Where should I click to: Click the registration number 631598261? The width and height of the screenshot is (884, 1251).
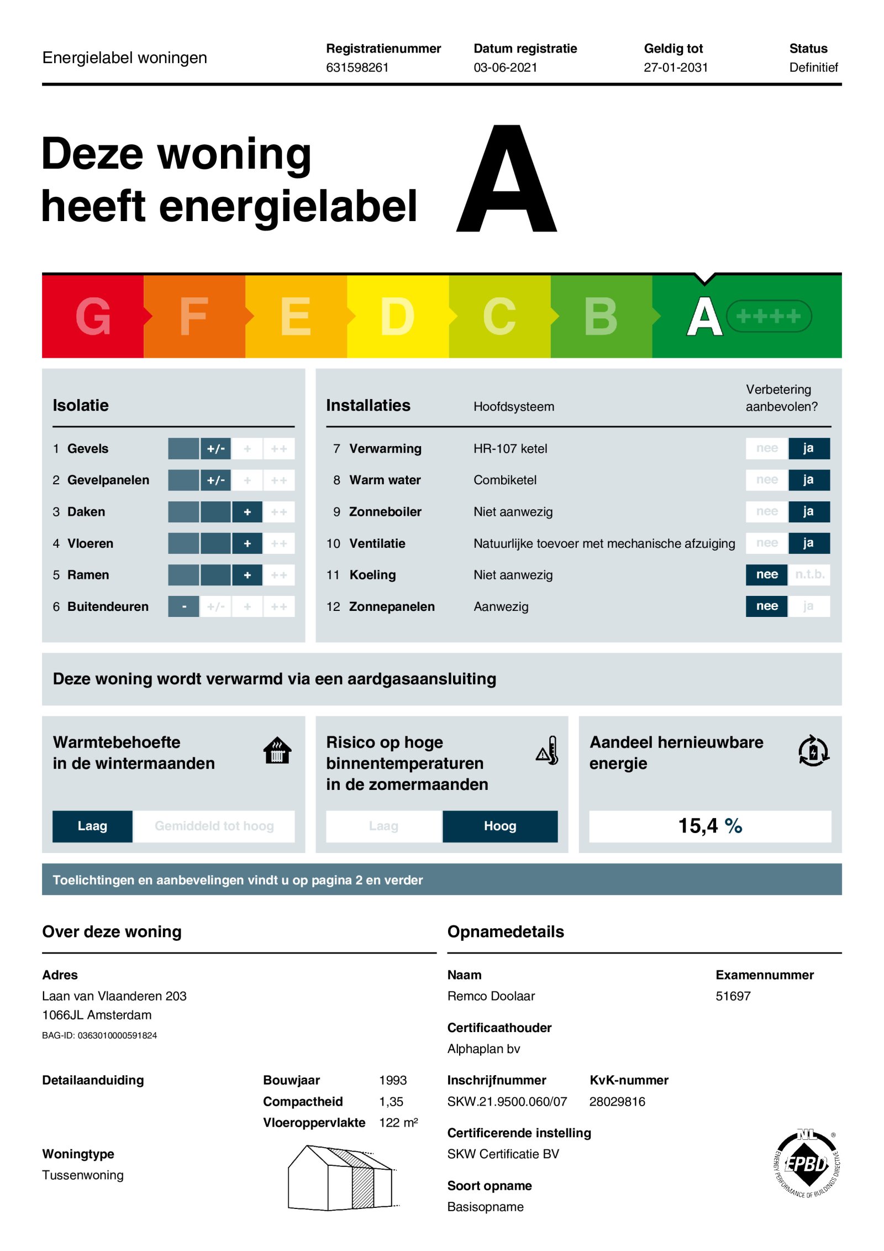coord(357,67)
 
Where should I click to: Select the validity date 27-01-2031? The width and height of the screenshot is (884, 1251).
coord(675,67)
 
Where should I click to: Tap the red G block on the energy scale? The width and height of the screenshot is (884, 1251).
coord(93,316)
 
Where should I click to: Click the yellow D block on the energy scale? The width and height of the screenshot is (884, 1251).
coord(397,316)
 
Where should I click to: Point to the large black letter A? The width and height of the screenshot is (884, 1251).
coord(506,180)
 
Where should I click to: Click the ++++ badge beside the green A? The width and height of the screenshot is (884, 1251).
coord(768,316)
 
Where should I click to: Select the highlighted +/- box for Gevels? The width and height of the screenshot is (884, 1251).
coord(215,449)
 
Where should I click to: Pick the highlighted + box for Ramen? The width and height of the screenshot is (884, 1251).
coord(247,575)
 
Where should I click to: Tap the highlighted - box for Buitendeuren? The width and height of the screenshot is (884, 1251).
coord(183,606)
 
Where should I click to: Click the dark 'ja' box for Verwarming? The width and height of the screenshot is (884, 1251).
coord(808,448)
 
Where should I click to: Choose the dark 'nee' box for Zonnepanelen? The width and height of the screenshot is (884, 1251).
coord(766,606)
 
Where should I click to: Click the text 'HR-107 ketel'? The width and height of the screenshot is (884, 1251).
coord(510,449)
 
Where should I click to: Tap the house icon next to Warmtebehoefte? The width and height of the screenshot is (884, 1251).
coord(277,751)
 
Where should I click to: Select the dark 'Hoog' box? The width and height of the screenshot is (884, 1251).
coord(499,826)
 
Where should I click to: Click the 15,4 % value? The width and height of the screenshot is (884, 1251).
coord(709,826)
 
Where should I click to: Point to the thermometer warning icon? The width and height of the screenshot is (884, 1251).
coord(548,751)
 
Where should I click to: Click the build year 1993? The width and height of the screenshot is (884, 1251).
coord(392,1080)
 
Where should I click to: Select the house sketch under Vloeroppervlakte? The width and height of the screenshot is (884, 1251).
coord(341,1177)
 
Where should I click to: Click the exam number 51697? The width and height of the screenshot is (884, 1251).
coord(733,996)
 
